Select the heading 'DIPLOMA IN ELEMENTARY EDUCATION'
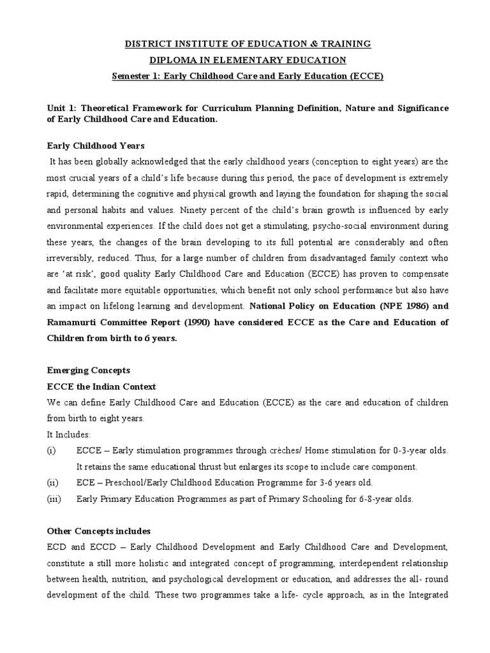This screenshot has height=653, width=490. click(248, 60)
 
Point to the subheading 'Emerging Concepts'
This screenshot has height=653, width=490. click(89, 370)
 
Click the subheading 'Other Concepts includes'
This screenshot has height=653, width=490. click(99, 531)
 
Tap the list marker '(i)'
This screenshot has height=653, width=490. click(52, 451)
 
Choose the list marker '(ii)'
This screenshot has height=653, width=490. click(53, 483)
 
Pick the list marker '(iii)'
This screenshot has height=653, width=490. click(54, 499)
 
